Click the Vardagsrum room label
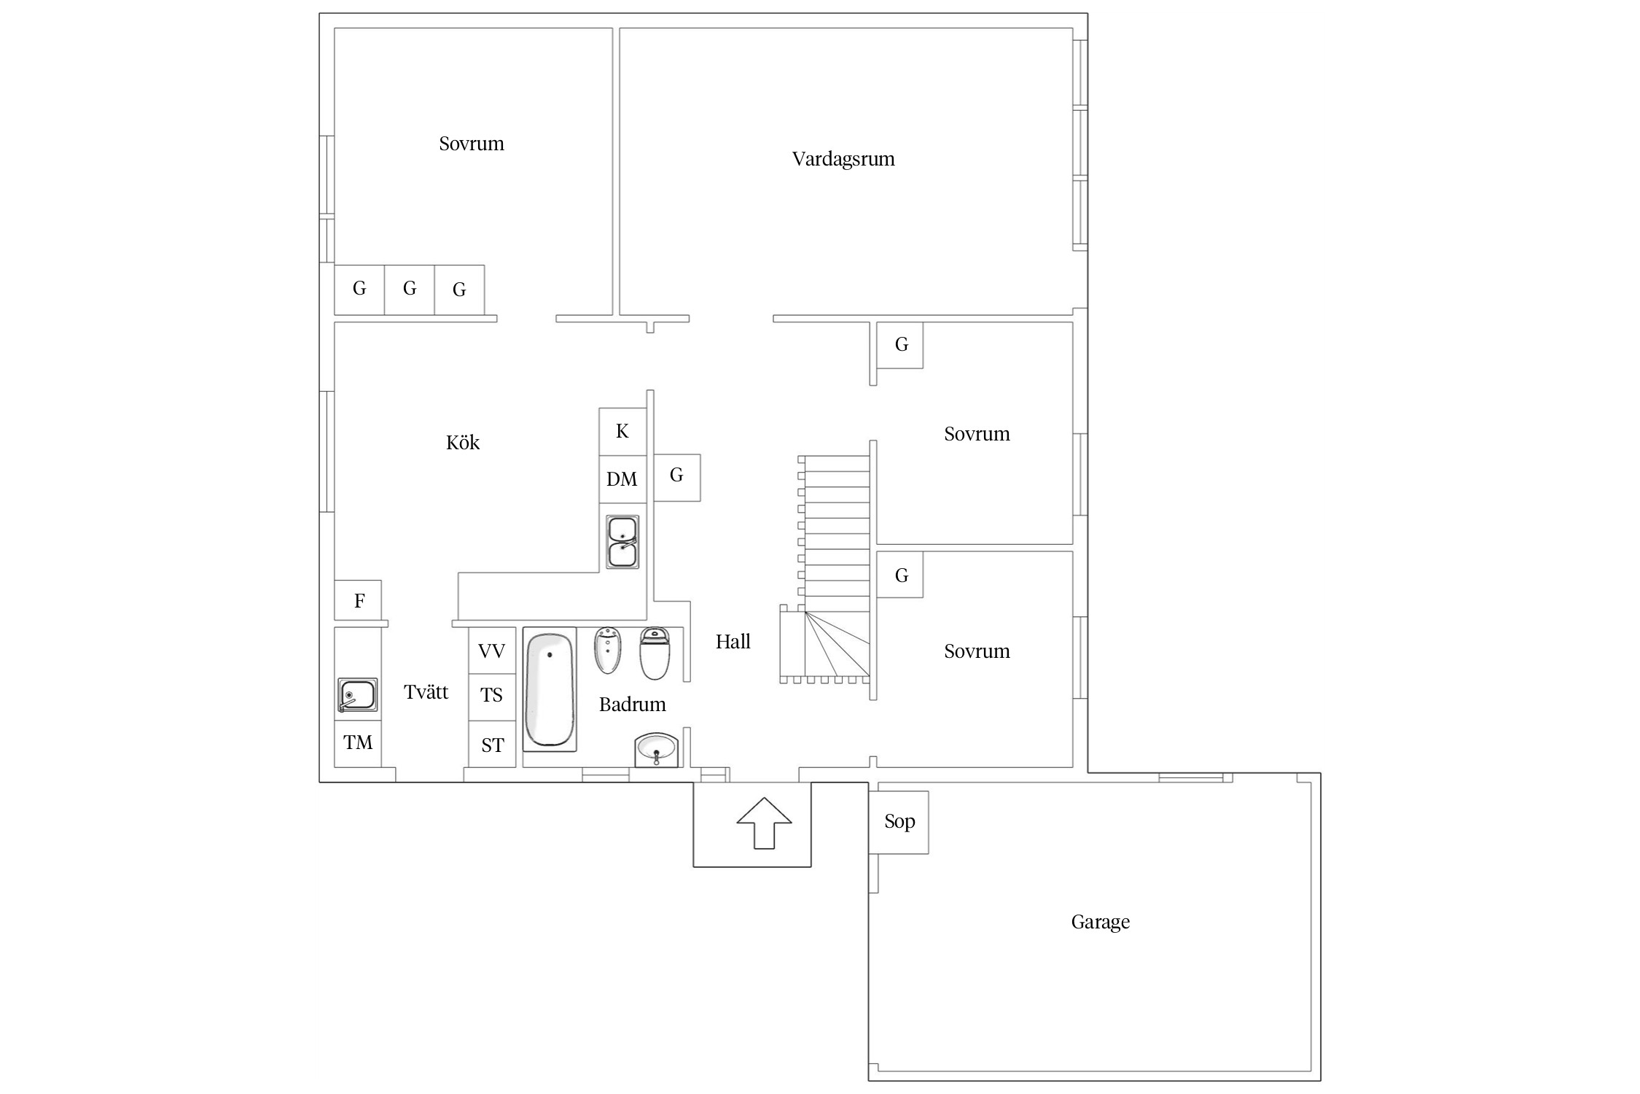pos(843,159)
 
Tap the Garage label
pos(1101,922)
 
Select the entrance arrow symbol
pos(764,823)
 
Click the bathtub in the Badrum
pos(550,689)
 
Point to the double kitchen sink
pos(622,542)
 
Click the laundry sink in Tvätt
pos(357,695)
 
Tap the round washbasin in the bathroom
pos(657,750)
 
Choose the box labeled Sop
pos(899,822)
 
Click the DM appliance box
pos(622,479)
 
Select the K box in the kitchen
pos(622,432)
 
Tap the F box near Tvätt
pos(358,601)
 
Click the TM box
pos(358,743)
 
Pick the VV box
pos(492,651)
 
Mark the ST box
pos(492,745)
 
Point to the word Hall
pos(733,642)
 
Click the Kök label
pos(463,443)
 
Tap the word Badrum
pos(633,705)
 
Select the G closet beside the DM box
pos(677,478)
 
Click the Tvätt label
pos(426,692)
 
